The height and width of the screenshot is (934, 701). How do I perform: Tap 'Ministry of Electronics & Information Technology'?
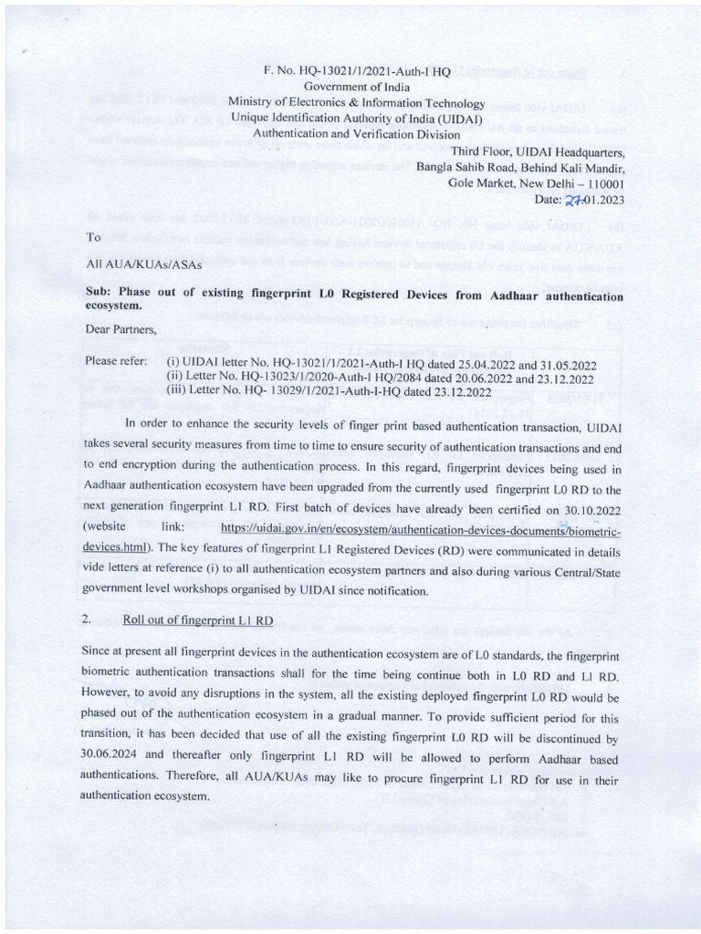357,102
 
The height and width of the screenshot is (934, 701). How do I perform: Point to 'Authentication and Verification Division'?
357,133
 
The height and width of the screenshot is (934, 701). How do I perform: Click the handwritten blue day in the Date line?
573,199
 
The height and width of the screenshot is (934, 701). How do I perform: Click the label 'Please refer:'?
116,360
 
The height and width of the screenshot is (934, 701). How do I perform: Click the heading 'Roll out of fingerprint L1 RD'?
198,620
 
